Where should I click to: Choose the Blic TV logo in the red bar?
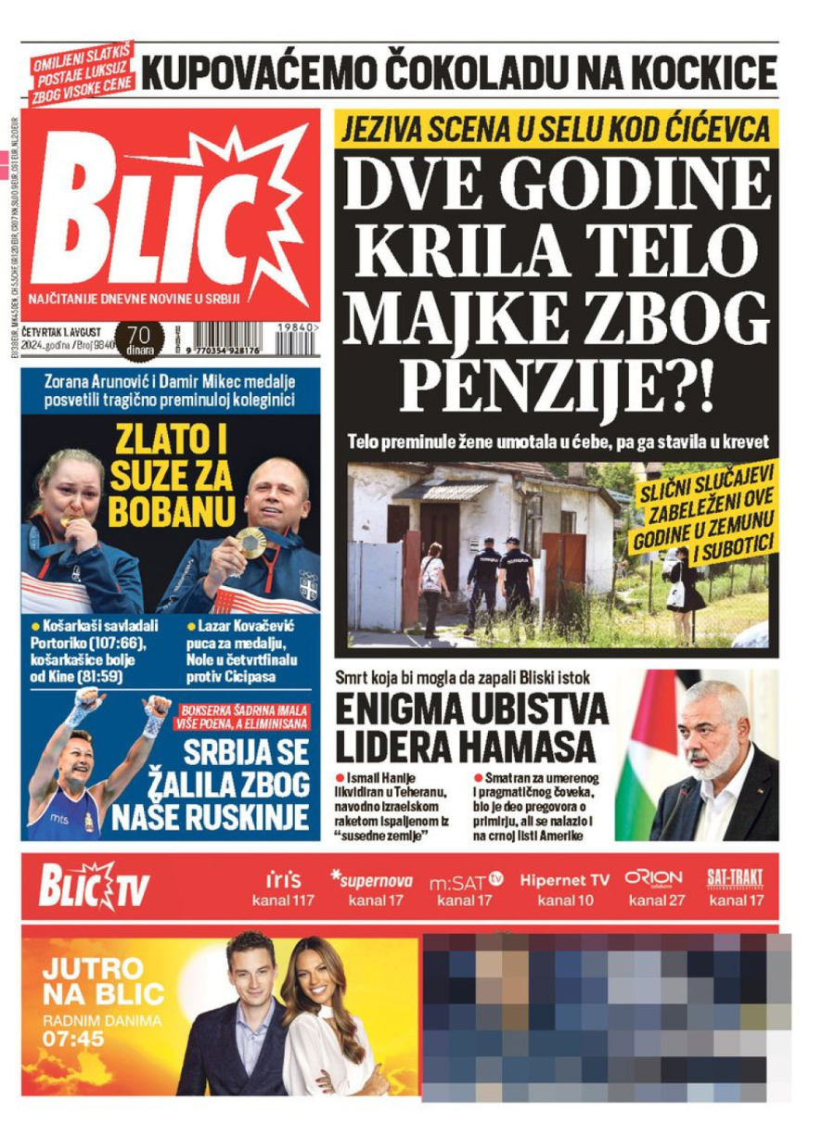click(x=94, y=887)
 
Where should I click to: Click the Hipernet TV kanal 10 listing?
click(x=564, y=888)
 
